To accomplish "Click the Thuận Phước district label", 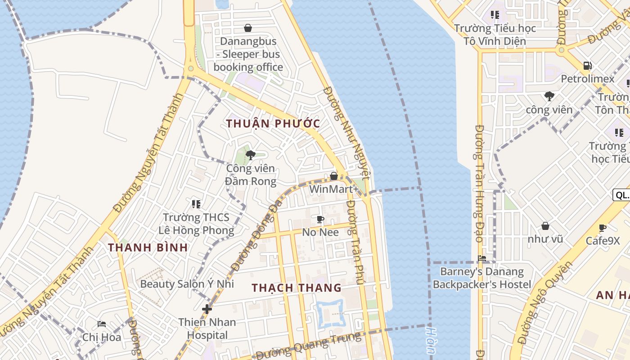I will pyautogui.click(x=273, y=124).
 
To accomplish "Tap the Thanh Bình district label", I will pyautogui.click(x=148, y=247).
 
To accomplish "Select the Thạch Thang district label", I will pyautogui.click(x=297, y=288).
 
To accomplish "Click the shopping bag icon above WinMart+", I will pyautogui.click(x=334, y=175).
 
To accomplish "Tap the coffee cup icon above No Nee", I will pyautogui.click(x=320, y=219).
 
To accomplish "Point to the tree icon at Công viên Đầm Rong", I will pyautogui.click(x=251, y=155).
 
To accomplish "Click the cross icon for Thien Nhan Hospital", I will pyautogui.click(x=207, y=309).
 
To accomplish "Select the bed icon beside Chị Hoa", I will pyautogui.click(x=102, y=324).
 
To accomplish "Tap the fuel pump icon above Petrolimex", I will pyautogui.click(x=587, y=66).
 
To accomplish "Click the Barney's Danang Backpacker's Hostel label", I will pyautogui.click(x=481, y=278).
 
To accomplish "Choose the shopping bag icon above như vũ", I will pyautogui.click(x=545, y=225).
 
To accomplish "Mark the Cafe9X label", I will pyautogui.click(x=603, y=241).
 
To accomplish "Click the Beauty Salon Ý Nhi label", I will pyautogui.click(x=187, y=284).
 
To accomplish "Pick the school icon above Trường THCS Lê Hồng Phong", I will pyautogui.click(x=196, y=204).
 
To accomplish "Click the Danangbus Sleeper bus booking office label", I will pyautogui.click(x=248, y=54).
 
